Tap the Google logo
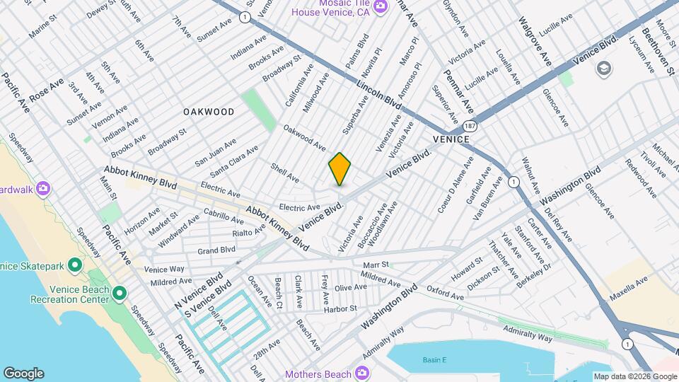(23, 374)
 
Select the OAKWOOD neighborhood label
(209, 112)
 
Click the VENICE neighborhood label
(448, 139)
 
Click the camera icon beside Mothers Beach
(361, 373)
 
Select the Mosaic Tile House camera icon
(381, 6)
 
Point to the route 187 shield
(470, 125)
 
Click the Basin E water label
(435, 360)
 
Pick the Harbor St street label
(340, 309)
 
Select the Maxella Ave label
(627, 282)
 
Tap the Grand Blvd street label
(216, 250)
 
